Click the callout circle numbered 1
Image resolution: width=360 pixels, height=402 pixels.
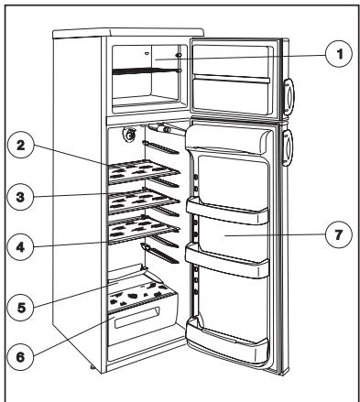pyautogui.click(x=339, y=54)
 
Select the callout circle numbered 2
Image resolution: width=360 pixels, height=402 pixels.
pyautogui.click(x=20, y=145)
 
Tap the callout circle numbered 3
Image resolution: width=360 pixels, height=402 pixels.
pyautogui.click(x=20, y=197)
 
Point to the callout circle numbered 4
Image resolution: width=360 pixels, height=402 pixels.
pyautogui.click(x=20, y=246)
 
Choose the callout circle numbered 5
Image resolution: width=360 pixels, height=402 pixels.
pyautogui.click(x=21, y=308)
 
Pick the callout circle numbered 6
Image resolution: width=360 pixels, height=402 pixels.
pyautogui.click(x=20, y=356)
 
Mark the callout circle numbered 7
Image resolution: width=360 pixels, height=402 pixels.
pyautogui.click(x=338, y=234)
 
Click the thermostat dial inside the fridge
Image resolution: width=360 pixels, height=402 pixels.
pyautogui.click(x=129, y=135)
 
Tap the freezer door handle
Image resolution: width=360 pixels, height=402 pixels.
pyautogui.click(x=289, y=96)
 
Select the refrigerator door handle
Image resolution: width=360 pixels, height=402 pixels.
pyautogui.click(x=288, y=148)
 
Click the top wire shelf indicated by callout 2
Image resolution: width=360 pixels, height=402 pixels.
pyautogui.click(x=144, y=172)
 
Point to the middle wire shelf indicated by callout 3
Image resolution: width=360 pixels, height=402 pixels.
pyautogui.click(x=144, y=201)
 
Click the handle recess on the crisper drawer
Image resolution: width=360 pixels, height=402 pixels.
pyautogui.click(x=137, y=318)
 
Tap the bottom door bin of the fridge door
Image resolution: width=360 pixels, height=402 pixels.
pyautogui.click(x=226, y=339)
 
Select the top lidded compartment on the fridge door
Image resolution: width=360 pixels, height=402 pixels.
pyautogui.click(x=227, y=138)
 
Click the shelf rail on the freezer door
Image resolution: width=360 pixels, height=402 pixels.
pyautogui.click(x=232, y=79)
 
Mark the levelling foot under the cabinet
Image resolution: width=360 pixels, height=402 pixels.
pyautogui.click(x=93, y=368)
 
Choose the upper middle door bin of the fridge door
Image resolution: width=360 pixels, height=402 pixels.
pyautogui.click(x=227, y=211)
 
